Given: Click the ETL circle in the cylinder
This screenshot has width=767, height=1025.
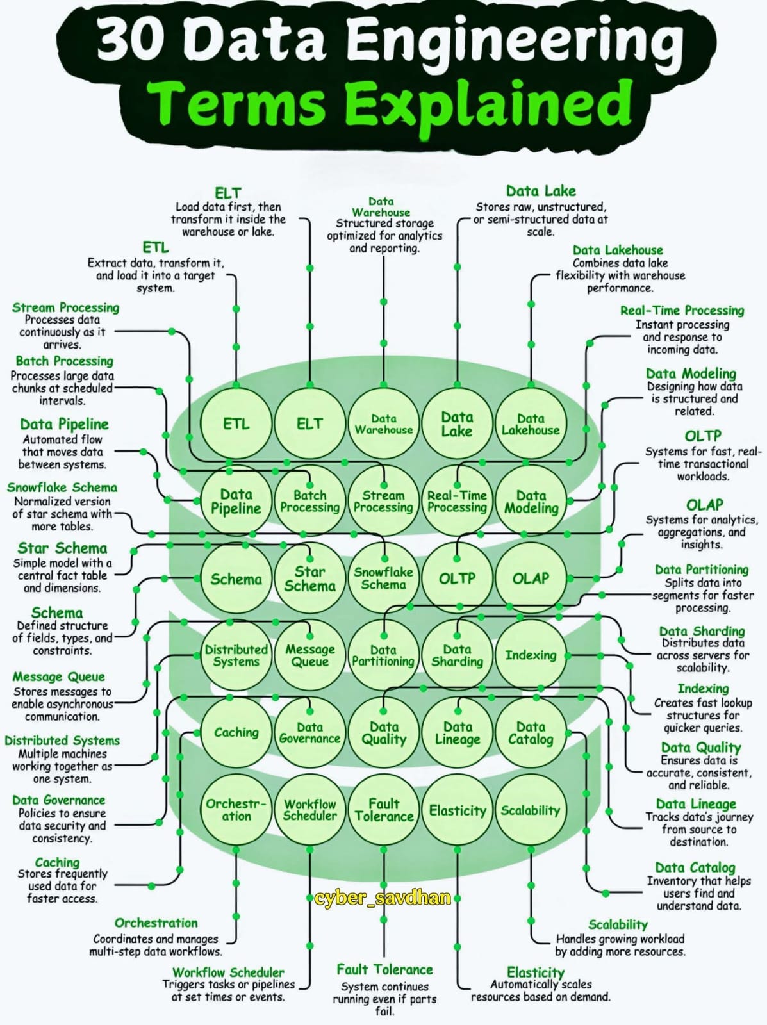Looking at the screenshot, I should click(x=236, y=423).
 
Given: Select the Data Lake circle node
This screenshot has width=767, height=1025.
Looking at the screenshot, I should click(x=457, y=424).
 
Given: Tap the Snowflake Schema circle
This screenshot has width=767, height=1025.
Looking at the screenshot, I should click(x=383, y=578).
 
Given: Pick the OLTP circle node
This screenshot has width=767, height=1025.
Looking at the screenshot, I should click(x=457, y=578).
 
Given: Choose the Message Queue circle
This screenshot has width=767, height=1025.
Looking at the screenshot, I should click(x=309, y=655).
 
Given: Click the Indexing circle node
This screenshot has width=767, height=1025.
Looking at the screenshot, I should click(x=531, y=655).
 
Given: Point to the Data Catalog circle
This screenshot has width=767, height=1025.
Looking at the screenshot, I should click(x=531, y=733).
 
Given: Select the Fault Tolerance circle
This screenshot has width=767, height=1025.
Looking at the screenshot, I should click(x=383, y=810).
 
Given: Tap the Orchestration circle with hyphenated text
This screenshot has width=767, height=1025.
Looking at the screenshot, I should click(x=236, y=810).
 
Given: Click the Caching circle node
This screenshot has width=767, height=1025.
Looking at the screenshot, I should click(x=236, y=732).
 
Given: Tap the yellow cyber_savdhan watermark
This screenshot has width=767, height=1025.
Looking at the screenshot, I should click(x=383, y=898).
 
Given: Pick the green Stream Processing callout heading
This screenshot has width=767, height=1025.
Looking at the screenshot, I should click(x=65, y=307).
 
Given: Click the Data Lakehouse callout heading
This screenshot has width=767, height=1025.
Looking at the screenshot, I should click(x=618, y=250).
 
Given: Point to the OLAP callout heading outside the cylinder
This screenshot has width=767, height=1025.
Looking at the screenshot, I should click(x=704, y=505).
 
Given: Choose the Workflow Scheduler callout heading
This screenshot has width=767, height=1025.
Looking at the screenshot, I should click(x=228, y=972).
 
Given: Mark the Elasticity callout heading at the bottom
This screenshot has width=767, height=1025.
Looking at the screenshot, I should click(x=536, y=972).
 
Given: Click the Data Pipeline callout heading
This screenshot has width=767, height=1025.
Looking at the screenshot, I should click(x=64, y=424).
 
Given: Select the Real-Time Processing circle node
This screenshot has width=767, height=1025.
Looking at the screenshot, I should click(x=457, y=501).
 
